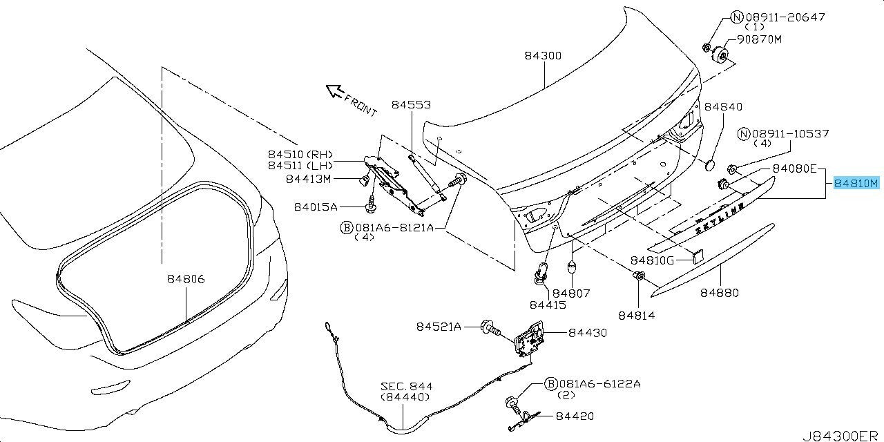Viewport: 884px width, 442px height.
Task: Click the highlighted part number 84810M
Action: [x=855, y=184]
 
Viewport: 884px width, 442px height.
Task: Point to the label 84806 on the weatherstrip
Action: [x=185, y=279]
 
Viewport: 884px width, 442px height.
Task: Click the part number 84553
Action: [x=411, y=105]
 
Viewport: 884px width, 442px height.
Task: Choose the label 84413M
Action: [x=308, y=180]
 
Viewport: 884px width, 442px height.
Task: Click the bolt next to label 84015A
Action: [x=372, y=204]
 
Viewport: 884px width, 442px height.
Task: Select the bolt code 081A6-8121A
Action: [x=394, y=227]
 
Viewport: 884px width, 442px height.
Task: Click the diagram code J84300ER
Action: [x=842, y=436]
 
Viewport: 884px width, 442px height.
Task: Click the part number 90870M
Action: [x=758, y=39]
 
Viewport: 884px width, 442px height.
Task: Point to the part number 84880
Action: [x=720, y=293]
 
